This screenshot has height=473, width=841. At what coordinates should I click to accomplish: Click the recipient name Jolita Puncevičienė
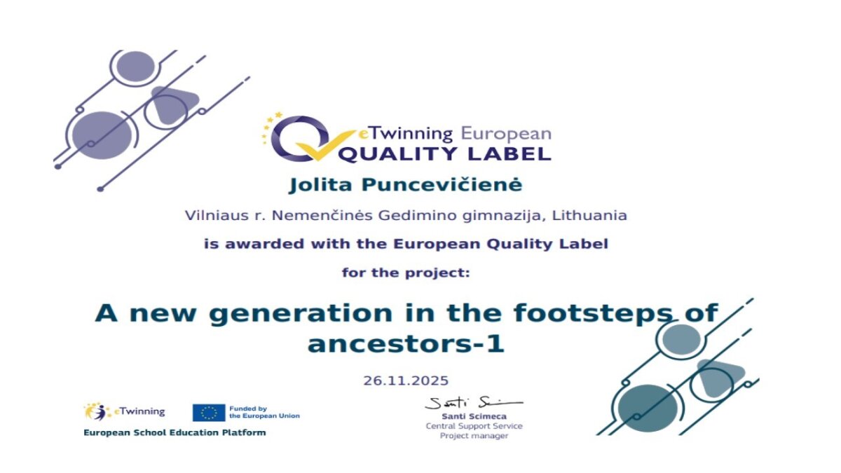406,185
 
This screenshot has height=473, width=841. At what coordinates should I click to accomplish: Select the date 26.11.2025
406,381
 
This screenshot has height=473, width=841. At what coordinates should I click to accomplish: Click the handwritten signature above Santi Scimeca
474,403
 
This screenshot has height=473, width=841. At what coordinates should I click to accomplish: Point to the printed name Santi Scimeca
474,416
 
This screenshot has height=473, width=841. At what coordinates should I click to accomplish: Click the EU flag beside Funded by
209,413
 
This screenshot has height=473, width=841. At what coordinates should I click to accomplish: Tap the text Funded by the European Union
264,412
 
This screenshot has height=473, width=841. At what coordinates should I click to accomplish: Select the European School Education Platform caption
175,433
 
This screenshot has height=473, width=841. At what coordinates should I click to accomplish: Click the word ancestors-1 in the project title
406,344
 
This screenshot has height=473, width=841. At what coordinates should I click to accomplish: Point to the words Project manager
474,436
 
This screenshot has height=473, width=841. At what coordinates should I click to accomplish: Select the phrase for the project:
406,273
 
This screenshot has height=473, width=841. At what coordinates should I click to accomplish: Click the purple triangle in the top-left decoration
174,104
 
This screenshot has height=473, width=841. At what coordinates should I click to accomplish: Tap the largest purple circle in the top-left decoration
102,135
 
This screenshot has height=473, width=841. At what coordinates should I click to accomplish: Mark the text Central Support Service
474,426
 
